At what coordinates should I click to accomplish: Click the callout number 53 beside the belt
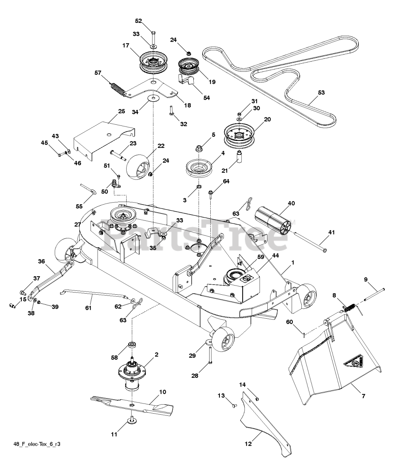[x=321, y=92]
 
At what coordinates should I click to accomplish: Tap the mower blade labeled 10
[x=132, y=406]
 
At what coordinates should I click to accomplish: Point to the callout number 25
[x=122, y=111]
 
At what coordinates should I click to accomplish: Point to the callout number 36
[x=42, y=261]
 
